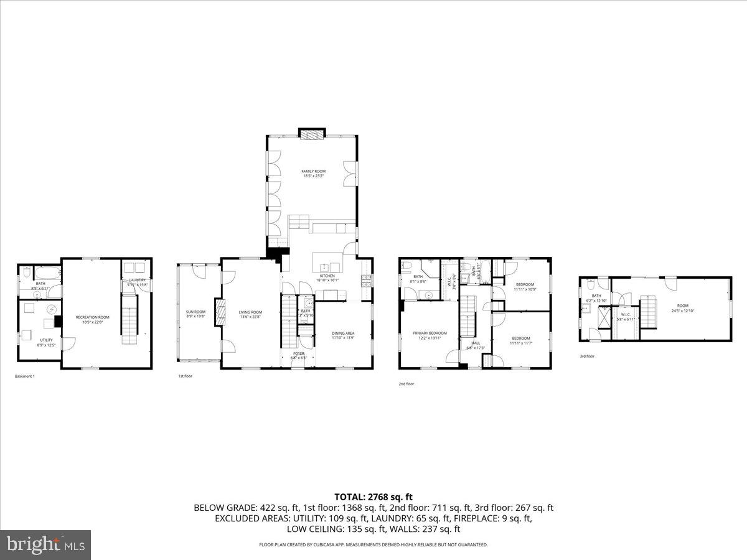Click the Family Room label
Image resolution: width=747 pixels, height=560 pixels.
point(313,174)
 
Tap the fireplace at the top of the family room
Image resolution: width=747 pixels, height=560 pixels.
point(312,134)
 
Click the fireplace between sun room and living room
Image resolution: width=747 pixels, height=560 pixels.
point(219,312)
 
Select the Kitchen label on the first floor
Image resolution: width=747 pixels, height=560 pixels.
point(327,278)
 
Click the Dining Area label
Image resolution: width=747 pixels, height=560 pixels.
point(343,335)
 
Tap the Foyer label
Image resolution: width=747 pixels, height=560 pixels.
point(299,355)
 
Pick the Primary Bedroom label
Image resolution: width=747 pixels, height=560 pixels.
point(430,335)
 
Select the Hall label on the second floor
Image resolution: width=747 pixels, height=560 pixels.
point(476,345)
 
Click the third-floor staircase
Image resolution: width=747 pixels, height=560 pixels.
point(649,309)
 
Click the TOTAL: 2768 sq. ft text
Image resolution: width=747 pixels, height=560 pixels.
point(374,497)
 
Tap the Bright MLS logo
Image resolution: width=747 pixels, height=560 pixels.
point(45,545)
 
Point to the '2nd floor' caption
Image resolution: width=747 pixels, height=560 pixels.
point(406,384)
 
